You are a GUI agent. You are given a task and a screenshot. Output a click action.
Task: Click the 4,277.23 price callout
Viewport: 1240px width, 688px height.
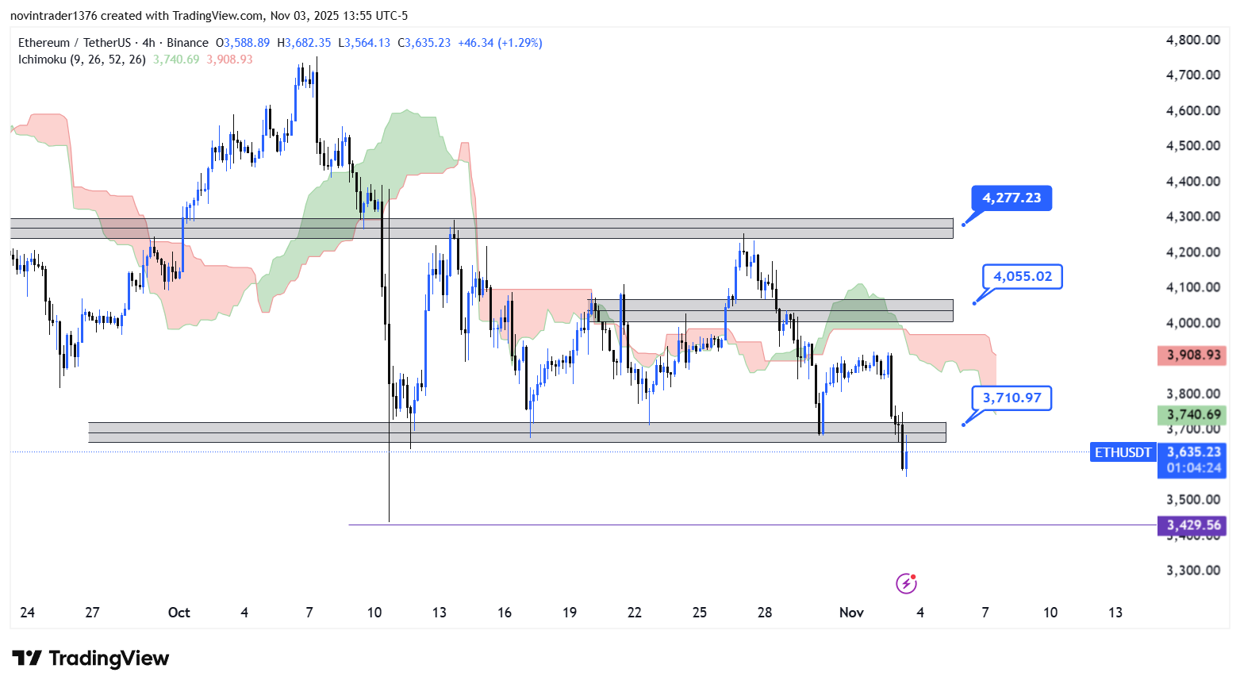pos(1012,198)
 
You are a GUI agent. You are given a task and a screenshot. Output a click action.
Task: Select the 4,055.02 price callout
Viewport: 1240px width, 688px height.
pos(1022,276)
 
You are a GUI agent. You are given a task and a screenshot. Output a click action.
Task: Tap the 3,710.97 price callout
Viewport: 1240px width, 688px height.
pos(1012,398)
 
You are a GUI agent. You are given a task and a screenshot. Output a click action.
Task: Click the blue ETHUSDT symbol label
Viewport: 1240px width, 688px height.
pos(1123,452)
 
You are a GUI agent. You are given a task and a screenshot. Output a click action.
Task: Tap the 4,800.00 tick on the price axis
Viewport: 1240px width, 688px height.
pos(1192,40)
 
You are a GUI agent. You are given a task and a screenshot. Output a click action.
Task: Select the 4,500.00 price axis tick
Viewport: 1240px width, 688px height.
pos(1192,146)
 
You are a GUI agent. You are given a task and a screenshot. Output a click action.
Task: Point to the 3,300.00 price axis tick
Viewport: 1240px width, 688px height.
pos(1192,571)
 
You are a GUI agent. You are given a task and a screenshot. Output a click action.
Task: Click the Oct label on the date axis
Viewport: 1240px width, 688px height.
pos(179,613)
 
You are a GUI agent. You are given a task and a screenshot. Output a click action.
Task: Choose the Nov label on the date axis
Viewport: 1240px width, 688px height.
pos(851,613)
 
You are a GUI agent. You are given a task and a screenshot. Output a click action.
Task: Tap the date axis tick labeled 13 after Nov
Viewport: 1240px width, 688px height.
pos(1115,613)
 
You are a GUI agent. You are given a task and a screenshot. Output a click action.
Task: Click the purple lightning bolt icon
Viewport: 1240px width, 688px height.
pos(906,584)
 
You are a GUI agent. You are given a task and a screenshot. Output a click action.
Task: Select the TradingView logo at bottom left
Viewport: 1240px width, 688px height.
pos(90,659)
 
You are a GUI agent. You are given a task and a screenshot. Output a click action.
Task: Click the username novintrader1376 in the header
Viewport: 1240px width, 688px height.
pos(53,16)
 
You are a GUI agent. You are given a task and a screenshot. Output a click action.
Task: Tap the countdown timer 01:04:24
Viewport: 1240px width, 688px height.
pos(1193,468)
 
